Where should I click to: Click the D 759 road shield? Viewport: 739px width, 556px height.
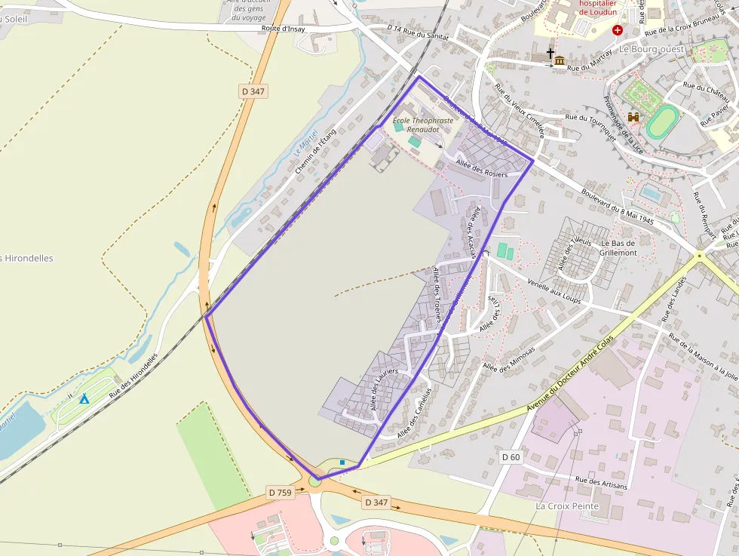(280, 492)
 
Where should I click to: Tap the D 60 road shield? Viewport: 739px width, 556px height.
(511, 457)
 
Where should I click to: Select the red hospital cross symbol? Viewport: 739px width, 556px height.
(618, 30)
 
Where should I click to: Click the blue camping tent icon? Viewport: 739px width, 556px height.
(84, 398)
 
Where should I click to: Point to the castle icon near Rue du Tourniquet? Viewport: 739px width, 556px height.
(633, 118)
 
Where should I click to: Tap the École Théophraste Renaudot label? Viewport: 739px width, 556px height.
(423, 124)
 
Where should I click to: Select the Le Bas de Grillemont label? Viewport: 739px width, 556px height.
(618, 248)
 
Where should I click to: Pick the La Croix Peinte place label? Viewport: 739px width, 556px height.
(567, 505)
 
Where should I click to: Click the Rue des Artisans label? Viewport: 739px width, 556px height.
(601, 483)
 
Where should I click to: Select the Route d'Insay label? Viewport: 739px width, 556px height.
(284, 28)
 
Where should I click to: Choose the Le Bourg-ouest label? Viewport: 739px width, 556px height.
(652, 49)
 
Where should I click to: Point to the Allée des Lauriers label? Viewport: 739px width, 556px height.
(384, 390)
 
